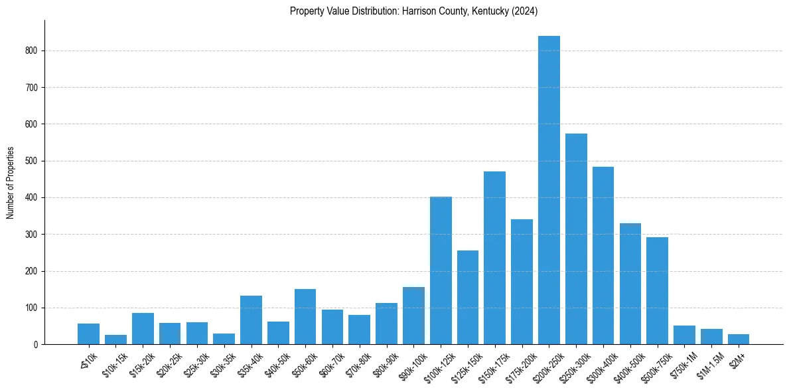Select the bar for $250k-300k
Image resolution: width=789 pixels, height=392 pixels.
pyautogui.click(x=576, y=239)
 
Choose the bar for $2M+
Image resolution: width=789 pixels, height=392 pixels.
pyautogui.click(x=739, y=339)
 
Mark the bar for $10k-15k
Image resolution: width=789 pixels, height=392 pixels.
pyautogui.click(x=115, y=340)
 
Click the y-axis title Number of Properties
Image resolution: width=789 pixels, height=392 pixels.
pyautogui.click(x=10, y=183)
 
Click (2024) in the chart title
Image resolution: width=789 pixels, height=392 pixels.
pyautogui.click(x=526, y=11)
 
